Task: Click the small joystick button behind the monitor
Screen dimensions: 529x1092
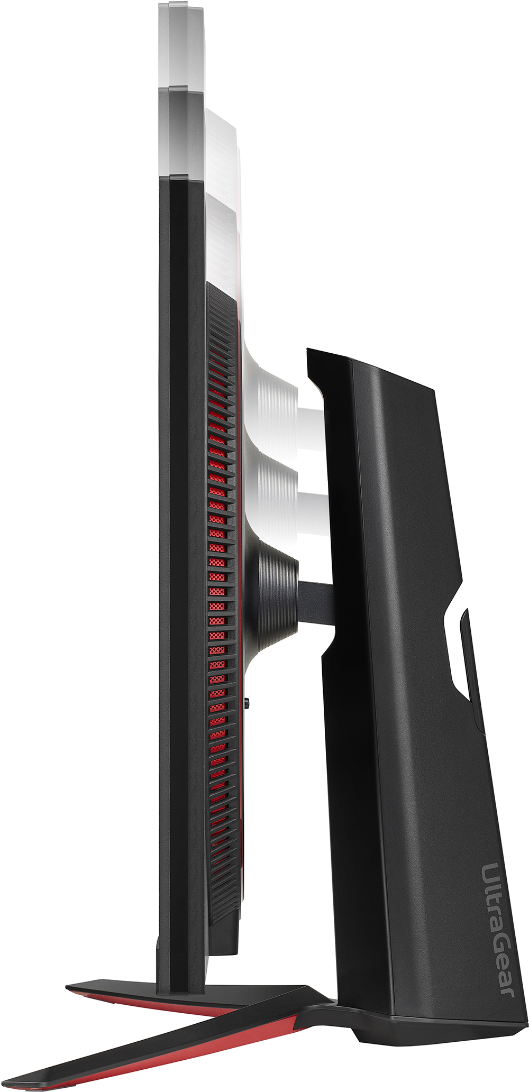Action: point(248,703)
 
